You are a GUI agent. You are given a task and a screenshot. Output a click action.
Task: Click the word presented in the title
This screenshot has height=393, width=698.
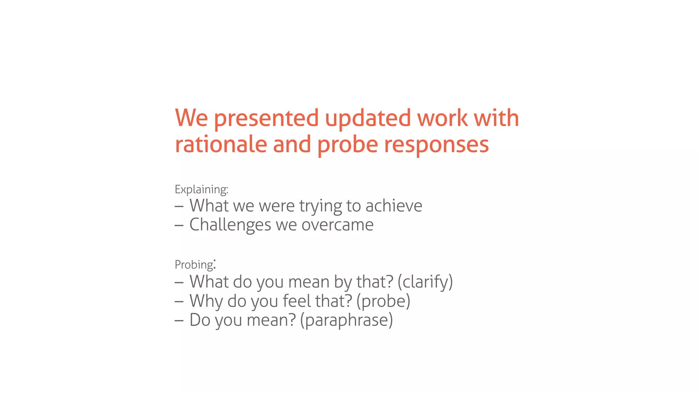pyautogui.click(x=266, y=119)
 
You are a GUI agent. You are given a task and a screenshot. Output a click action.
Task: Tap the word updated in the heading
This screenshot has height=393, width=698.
pyautogui.click(x=368, y=119)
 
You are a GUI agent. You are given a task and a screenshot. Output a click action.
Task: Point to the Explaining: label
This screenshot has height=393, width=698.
pyautogui.click(x=201, y=190)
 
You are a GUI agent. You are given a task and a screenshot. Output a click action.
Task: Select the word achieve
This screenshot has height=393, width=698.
pyautogui.click(x=394, y=206)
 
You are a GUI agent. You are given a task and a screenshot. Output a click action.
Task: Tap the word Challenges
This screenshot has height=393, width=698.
pyautogui.click(x=230, y=225)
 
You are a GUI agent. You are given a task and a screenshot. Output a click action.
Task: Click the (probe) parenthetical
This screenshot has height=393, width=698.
pyautogui.click(x=383, y=302)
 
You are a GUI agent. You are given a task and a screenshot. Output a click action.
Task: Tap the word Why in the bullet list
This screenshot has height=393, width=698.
pyautogui.click(x=206, y=302)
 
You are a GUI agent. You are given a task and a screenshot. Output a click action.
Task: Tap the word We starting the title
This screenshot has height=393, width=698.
pyautogui.click(x=191, y=118)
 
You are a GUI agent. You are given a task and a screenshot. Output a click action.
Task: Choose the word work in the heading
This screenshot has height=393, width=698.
pyautogui.click(x=442, y=118)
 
